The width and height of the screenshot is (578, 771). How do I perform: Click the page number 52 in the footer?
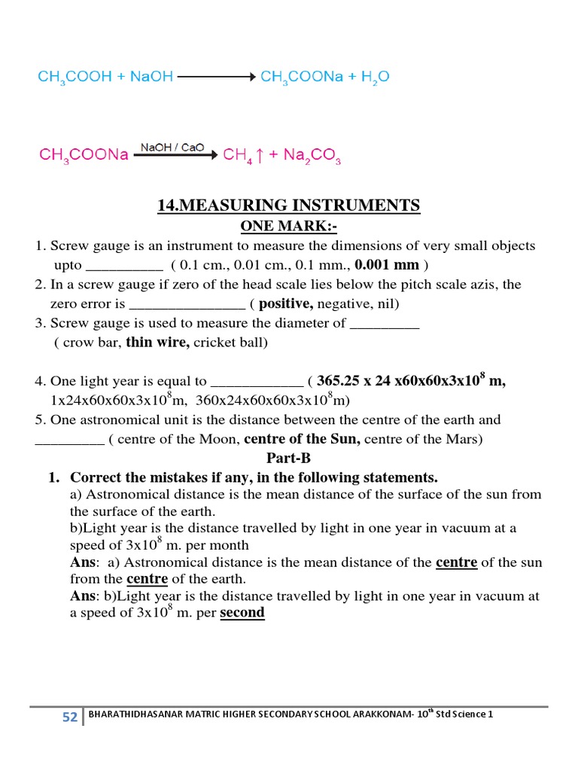70,718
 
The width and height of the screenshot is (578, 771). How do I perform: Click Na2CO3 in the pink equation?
311,156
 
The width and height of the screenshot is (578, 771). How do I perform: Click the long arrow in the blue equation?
217,77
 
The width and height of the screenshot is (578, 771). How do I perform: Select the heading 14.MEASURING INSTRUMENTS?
288,206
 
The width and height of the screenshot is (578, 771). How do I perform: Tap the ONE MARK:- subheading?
288,226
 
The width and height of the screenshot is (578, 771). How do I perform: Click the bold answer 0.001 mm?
387,265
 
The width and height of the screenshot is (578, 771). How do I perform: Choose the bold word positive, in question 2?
287,304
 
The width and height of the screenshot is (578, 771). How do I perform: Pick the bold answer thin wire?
158,343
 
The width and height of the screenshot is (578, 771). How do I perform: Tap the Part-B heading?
288,459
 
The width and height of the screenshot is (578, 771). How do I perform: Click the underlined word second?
242,613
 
